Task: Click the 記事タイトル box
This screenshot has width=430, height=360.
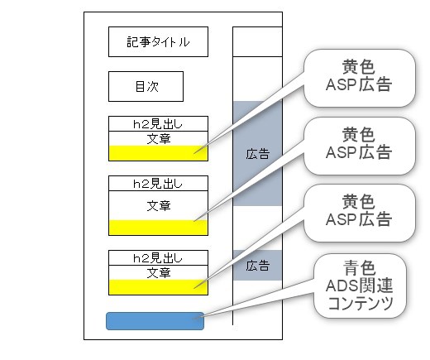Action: (x=158, y=42)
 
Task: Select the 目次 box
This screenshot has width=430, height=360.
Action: (x=146, y=87)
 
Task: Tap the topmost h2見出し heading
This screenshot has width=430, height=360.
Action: (x=158, y=124)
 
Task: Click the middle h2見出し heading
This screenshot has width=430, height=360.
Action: (x=158, y=184)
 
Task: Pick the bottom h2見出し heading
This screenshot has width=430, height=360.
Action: (x=158, y=258)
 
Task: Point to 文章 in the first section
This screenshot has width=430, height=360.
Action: (x=159, y=139)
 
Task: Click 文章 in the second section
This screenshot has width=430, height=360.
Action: (x=159, y=206)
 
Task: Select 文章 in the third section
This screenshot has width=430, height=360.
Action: (x=159, y=273)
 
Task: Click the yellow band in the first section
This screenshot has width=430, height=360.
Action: (x=158, y=153)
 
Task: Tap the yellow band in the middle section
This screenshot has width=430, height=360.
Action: (x=158, y=228)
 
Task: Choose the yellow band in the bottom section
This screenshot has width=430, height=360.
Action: (x=158, y=287)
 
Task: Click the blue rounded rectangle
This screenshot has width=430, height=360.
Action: (x=155, y=321)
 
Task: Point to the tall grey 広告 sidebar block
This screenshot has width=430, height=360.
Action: (x=257, y=153)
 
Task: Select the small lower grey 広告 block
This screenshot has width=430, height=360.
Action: (x=257, y=266)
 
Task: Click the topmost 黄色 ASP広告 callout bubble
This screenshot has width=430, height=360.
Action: (x=360, y=78)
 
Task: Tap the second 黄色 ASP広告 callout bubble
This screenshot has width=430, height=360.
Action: (x=360, y=146)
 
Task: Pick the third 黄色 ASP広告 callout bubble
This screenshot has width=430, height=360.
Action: (x=360, y=214)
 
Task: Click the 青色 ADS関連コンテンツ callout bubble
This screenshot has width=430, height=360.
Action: (x=360, y=286)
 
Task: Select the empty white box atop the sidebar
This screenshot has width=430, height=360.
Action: (x=257, y=42)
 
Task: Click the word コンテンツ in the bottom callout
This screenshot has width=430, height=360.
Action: (x=361, y=303)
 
